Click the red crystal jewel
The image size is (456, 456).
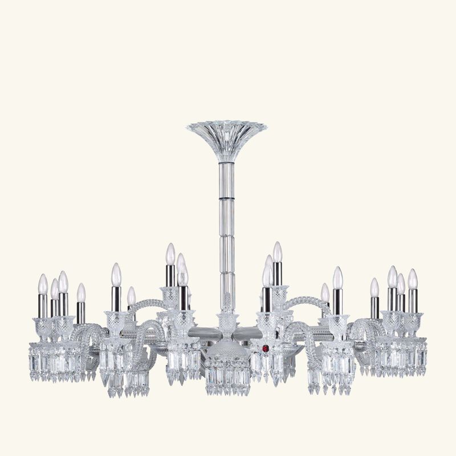[265, 348]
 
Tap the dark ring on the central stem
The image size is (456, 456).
[226, 197]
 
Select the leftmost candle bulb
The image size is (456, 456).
[43, 284]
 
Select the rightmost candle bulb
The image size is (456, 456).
[413, 279]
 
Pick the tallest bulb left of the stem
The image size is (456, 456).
[170, 254]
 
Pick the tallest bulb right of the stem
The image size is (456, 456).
[277, 252]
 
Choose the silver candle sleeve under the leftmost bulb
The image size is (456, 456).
[43, 306]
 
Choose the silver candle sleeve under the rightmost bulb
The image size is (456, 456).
[413, 300]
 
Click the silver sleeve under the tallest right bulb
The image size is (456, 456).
[277, 274]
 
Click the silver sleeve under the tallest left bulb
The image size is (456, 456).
[170, 276]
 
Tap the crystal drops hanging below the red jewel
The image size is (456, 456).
[266, 368]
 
